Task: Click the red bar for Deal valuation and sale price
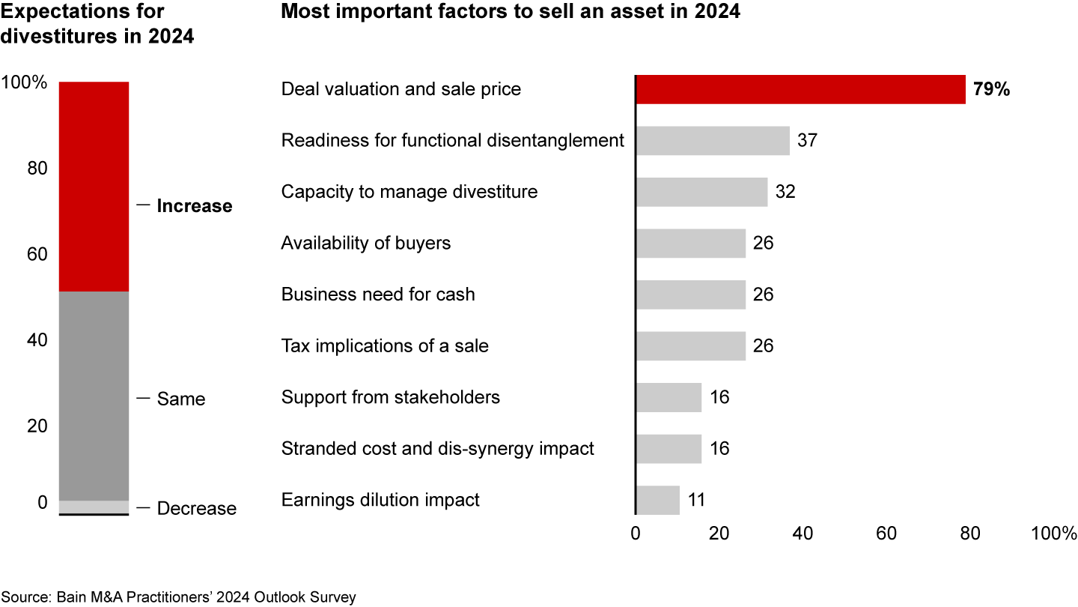tap(800, 89)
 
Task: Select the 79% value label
tap(991, 89)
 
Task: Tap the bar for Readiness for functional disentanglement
tap(713, 140)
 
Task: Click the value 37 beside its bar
tap(807, 140)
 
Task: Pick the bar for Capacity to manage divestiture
tap(701, 192)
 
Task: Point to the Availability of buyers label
tap(365, 243)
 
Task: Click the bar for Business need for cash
tap(690, 295)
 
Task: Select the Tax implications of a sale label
tap(385, 345)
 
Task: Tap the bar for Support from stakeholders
tap(669, 397)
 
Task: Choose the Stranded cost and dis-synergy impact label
tap(437, 448)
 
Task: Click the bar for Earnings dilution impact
tap(657, 500)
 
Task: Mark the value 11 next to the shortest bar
tap(696, 500)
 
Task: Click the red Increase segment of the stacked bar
tap(94, 186)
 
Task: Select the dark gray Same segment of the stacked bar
tap(94, 396)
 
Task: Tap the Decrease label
tap(196, 509)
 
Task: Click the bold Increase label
tap(194, 206)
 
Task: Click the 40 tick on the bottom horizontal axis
tap(803, 534)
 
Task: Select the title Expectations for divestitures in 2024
tap(97, 23)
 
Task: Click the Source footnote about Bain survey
tap(178, 597)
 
